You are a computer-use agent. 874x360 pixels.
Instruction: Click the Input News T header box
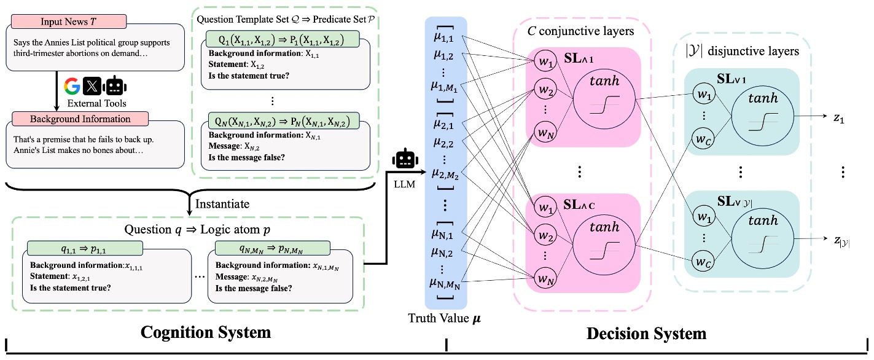point(68,21)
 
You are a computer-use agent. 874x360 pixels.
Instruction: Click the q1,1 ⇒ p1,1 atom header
point(85,248)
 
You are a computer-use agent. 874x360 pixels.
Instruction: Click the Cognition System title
point(206,333)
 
